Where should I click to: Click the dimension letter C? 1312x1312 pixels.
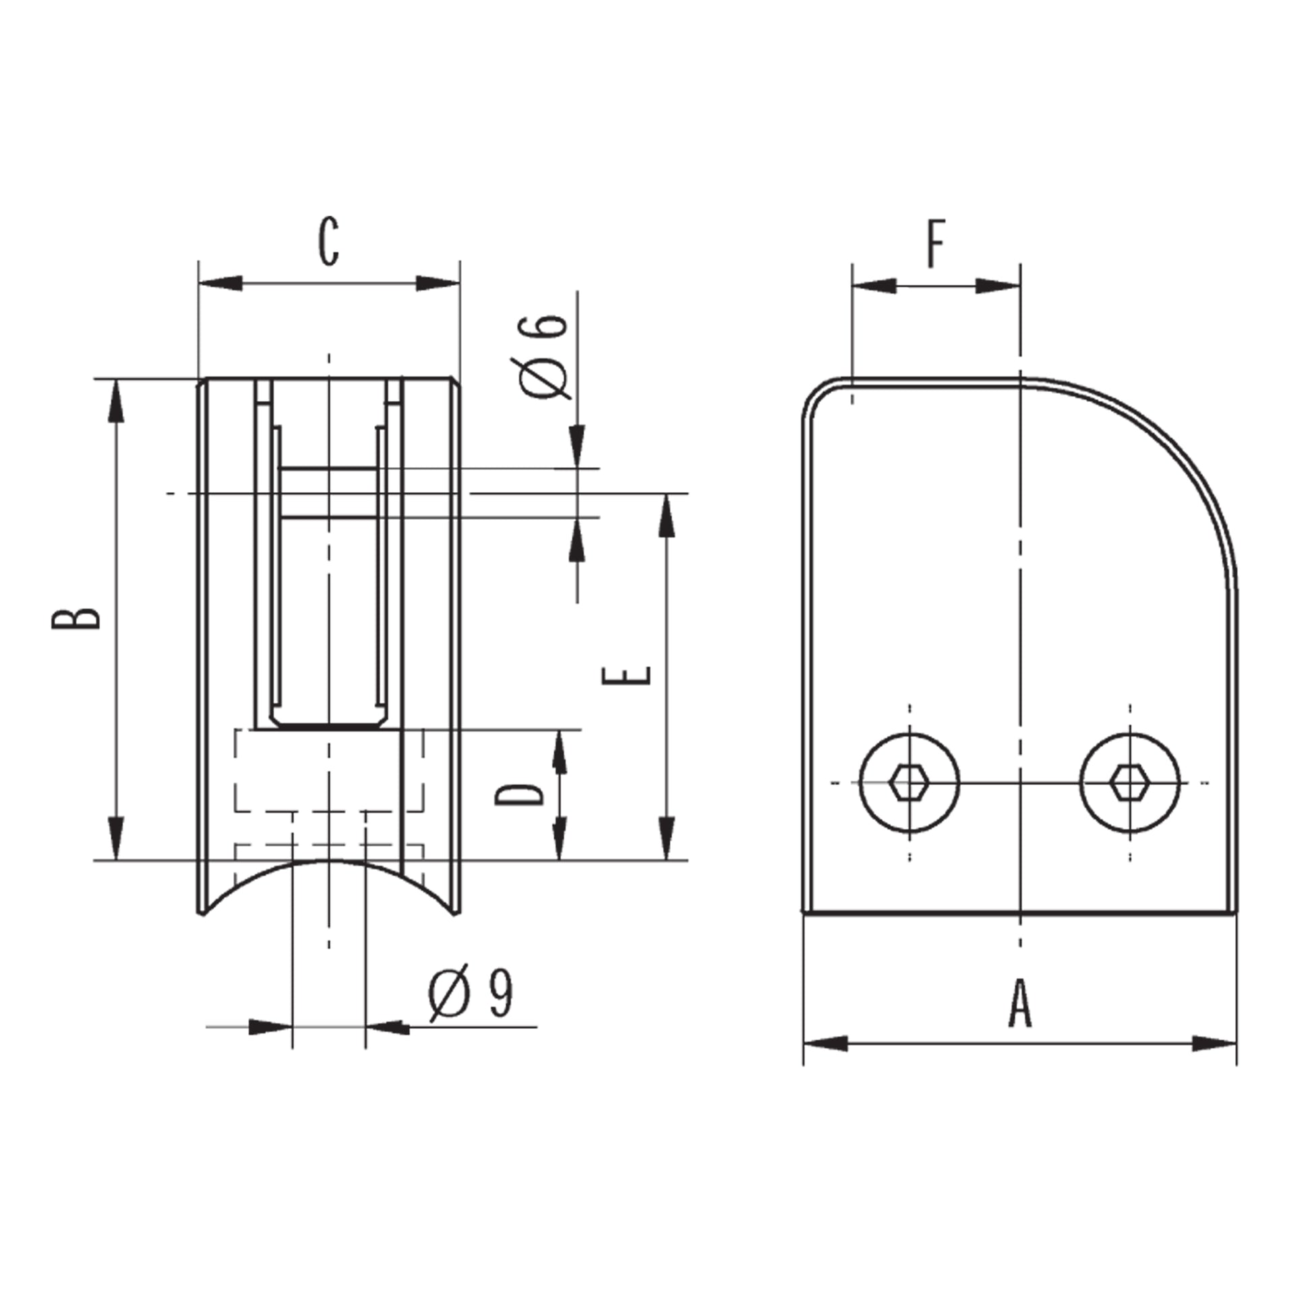329,242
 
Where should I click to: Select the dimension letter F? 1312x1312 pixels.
936,243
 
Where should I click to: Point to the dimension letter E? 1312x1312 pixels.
627,676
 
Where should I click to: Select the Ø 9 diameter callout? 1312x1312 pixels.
471,993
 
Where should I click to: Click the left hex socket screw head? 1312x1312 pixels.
910,783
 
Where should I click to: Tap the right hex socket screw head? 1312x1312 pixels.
1130,783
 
